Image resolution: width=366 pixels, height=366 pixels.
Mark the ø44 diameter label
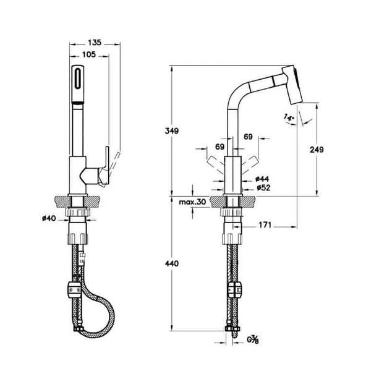pyautogui.click(x=262, y=179)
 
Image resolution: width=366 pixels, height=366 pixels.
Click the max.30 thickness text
pyautogui.click(x=192, y=202)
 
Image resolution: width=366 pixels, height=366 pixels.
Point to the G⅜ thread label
pyautogui.click(x=253, y=340)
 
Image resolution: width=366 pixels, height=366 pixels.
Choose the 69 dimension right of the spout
pyautogui.click(x=248, y=136)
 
